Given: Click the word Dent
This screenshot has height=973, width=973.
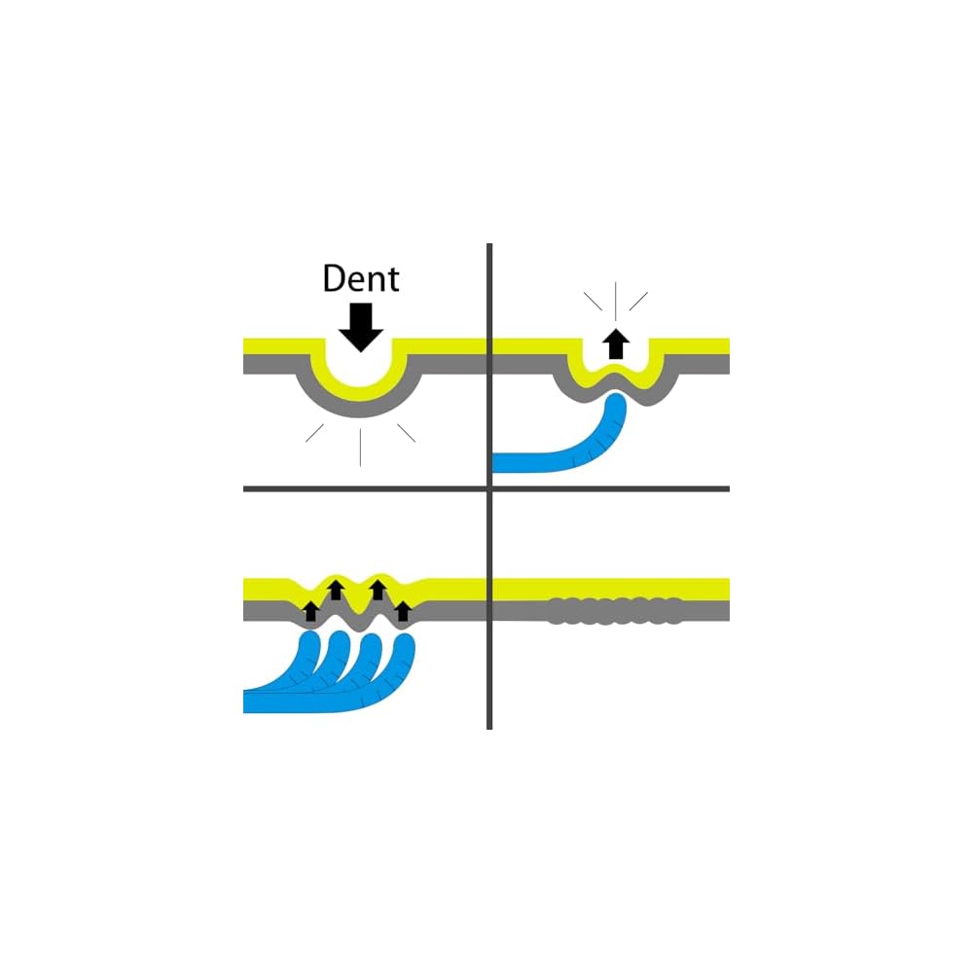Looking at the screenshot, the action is [x=361, y=279].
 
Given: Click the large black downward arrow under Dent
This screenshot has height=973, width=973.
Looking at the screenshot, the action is [x=361, y=327].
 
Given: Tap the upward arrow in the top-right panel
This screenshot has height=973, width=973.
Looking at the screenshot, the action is [x=613, y=344].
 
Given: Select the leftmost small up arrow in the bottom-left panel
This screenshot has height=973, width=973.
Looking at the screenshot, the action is [x=310, y=611].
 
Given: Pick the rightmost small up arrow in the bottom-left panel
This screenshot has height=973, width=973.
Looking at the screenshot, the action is [x=403, y=611].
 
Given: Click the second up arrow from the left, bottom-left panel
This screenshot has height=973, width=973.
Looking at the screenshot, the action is [x=335, y=589].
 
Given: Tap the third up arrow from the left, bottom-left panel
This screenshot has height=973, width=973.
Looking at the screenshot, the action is [x=378, y=589].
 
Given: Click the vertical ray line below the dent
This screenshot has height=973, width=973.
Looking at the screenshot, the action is [x=361, y=447].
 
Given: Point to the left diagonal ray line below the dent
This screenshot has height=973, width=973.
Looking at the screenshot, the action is [x=315, y=434].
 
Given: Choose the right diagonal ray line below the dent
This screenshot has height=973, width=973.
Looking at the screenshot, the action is [x=406, y=434].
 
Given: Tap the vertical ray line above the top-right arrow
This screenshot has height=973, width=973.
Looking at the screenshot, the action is [x=613, y=298].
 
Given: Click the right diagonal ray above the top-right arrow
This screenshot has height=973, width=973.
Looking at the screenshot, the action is [x=638, y=302].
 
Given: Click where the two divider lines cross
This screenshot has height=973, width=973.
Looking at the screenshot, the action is [x=488, y=488].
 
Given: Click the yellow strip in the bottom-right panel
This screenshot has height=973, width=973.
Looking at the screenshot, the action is [x=612, y=589].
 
